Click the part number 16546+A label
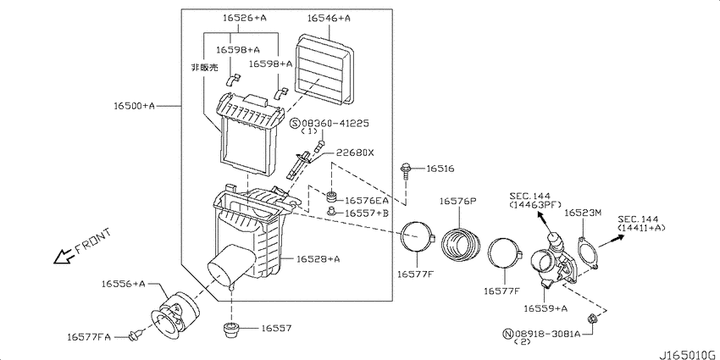329,19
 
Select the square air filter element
324,69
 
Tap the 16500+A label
135,106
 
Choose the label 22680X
355,152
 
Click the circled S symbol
295,123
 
